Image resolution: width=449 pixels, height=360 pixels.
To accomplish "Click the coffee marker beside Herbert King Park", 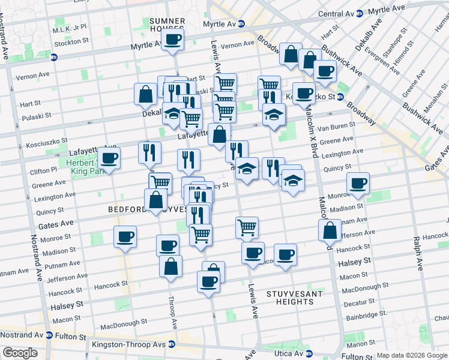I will tap(109, 158).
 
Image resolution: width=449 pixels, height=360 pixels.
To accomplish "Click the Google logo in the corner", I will tap(20, 352).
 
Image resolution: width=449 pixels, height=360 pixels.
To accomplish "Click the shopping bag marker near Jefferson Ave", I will tap(330, 230).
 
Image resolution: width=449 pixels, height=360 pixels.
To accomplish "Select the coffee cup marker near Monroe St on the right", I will tap(358, 183).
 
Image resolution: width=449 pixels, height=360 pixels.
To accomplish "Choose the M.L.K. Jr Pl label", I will tap(70, 28).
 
